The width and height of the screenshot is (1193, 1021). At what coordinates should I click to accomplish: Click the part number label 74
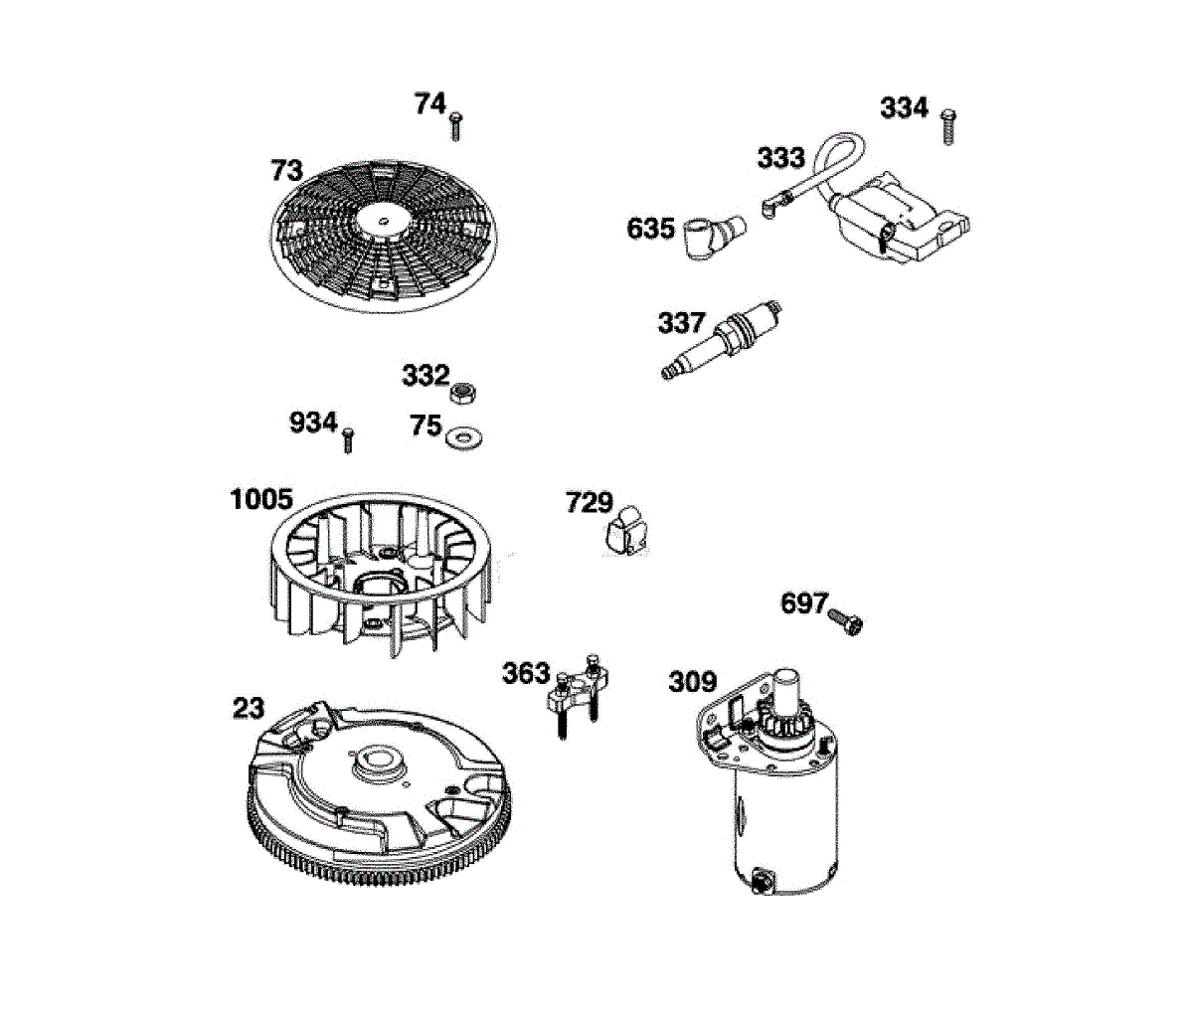430,103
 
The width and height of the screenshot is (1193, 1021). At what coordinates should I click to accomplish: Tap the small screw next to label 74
457,126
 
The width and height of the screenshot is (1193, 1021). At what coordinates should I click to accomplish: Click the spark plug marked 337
725,338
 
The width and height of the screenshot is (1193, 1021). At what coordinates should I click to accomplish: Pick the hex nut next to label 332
461,391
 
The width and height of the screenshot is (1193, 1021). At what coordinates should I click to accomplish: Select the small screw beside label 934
348,439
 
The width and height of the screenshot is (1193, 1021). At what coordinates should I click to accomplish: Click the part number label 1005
261,499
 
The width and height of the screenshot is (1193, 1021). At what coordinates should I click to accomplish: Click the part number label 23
249,708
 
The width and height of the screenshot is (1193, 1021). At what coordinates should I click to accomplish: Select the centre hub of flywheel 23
379,764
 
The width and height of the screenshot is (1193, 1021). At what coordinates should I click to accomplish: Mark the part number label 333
780,158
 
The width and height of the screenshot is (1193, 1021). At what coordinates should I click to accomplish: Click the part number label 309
692,682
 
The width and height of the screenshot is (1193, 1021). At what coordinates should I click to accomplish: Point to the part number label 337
681,323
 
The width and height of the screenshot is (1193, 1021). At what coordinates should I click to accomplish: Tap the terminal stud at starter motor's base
765,878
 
